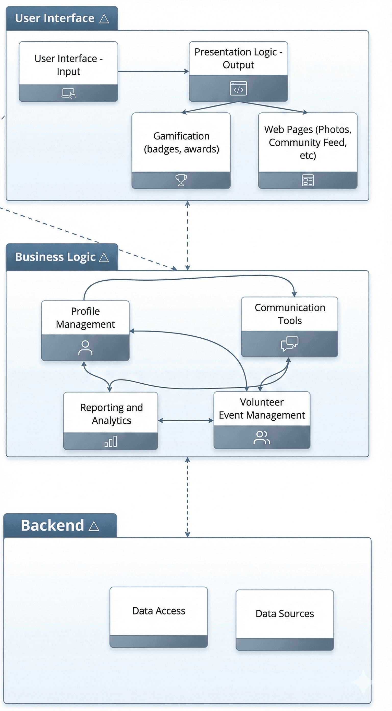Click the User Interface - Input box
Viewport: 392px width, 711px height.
coord(68,65)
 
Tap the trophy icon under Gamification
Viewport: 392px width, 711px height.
coord(181,180)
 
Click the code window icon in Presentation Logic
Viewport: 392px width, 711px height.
coord(238,88)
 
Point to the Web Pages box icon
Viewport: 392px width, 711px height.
coord(308,180)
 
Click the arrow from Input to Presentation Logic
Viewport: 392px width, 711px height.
coord(153,72)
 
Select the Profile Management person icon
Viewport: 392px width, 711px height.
coord(85,348)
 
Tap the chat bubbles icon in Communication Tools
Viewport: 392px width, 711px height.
coord(289,343)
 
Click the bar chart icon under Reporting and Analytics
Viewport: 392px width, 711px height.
coord(111,441)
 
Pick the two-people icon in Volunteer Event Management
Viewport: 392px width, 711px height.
coord(262,437)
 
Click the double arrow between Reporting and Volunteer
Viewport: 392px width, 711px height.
coord(186,421)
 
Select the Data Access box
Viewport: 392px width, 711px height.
coord(159,611)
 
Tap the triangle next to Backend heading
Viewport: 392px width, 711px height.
coord(94,526)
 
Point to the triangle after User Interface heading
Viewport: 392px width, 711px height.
coord(104,19)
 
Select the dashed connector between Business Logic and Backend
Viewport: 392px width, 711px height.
coord(188,497)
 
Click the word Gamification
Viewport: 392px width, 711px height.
coord(181,136)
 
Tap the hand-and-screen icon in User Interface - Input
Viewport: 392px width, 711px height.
coord(68,93)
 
